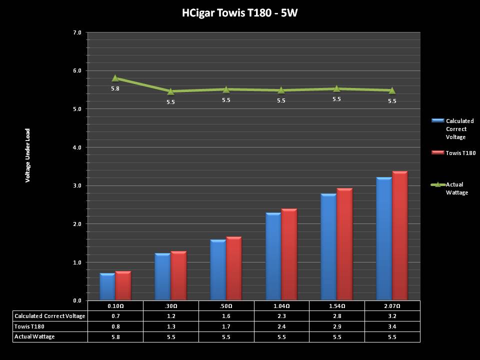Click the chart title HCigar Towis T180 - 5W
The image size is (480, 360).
[240, 13]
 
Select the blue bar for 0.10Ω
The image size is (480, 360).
[107, 287]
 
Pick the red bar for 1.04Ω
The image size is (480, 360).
[289, 254]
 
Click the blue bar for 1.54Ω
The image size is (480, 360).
[328, 247]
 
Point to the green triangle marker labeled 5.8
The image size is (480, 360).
[115, 78]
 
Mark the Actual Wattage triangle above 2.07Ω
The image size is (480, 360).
[392, 90]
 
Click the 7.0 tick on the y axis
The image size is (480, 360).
[77, 32]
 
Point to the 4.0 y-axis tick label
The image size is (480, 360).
[77, 147]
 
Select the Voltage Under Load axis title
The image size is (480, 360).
[28, 155]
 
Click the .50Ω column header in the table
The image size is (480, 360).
[226, 305]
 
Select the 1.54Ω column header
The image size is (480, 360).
[337, 305]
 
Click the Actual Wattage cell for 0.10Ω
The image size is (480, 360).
[115, 336]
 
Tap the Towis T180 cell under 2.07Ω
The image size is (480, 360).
[392, 326]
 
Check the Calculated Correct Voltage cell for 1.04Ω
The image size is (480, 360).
[281, 316]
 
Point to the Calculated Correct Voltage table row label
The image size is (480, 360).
[50, 316]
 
